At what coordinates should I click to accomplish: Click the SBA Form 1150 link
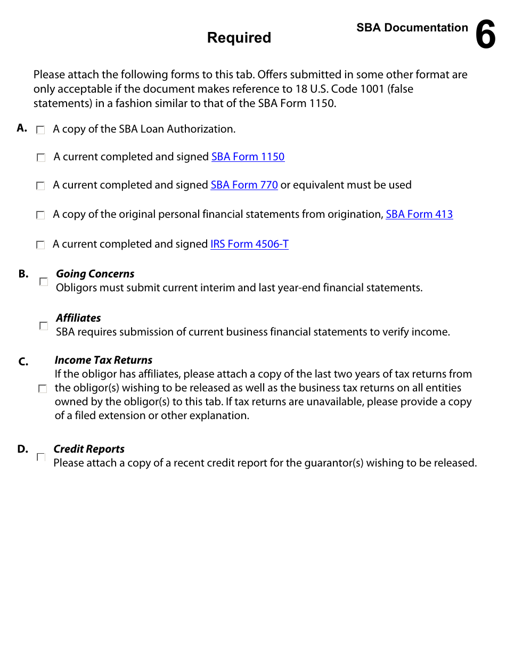coord(248,157)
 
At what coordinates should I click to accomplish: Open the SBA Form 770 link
coord(244,185)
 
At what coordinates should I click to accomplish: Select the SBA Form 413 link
coord(419,215)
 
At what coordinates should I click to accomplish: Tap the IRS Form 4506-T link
coord(249,244)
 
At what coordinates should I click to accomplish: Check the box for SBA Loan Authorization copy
coord(40,130)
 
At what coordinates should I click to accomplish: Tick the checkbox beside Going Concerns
coord(44,282)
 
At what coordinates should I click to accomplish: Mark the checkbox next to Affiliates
coord(44,326)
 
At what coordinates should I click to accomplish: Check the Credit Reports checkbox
coord(41,457)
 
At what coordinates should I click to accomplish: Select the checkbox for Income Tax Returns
coord(43,389)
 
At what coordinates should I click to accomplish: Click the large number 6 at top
coord(485,35)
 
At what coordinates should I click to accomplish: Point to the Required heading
coord(239,38)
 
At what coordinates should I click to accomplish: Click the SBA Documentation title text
coord(412,28)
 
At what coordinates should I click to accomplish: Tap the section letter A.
coord(22,128)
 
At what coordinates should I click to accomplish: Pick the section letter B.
coord(23,274)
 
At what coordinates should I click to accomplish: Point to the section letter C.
coord(23,362)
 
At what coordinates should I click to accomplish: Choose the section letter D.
coord(22,449)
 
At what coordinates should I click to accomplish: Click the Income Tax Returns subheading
coord(103,361)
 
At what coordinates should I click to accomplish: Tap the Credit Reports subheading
coord(89,449)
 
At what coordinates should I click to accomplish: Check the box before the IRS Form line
coord(40,245)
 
